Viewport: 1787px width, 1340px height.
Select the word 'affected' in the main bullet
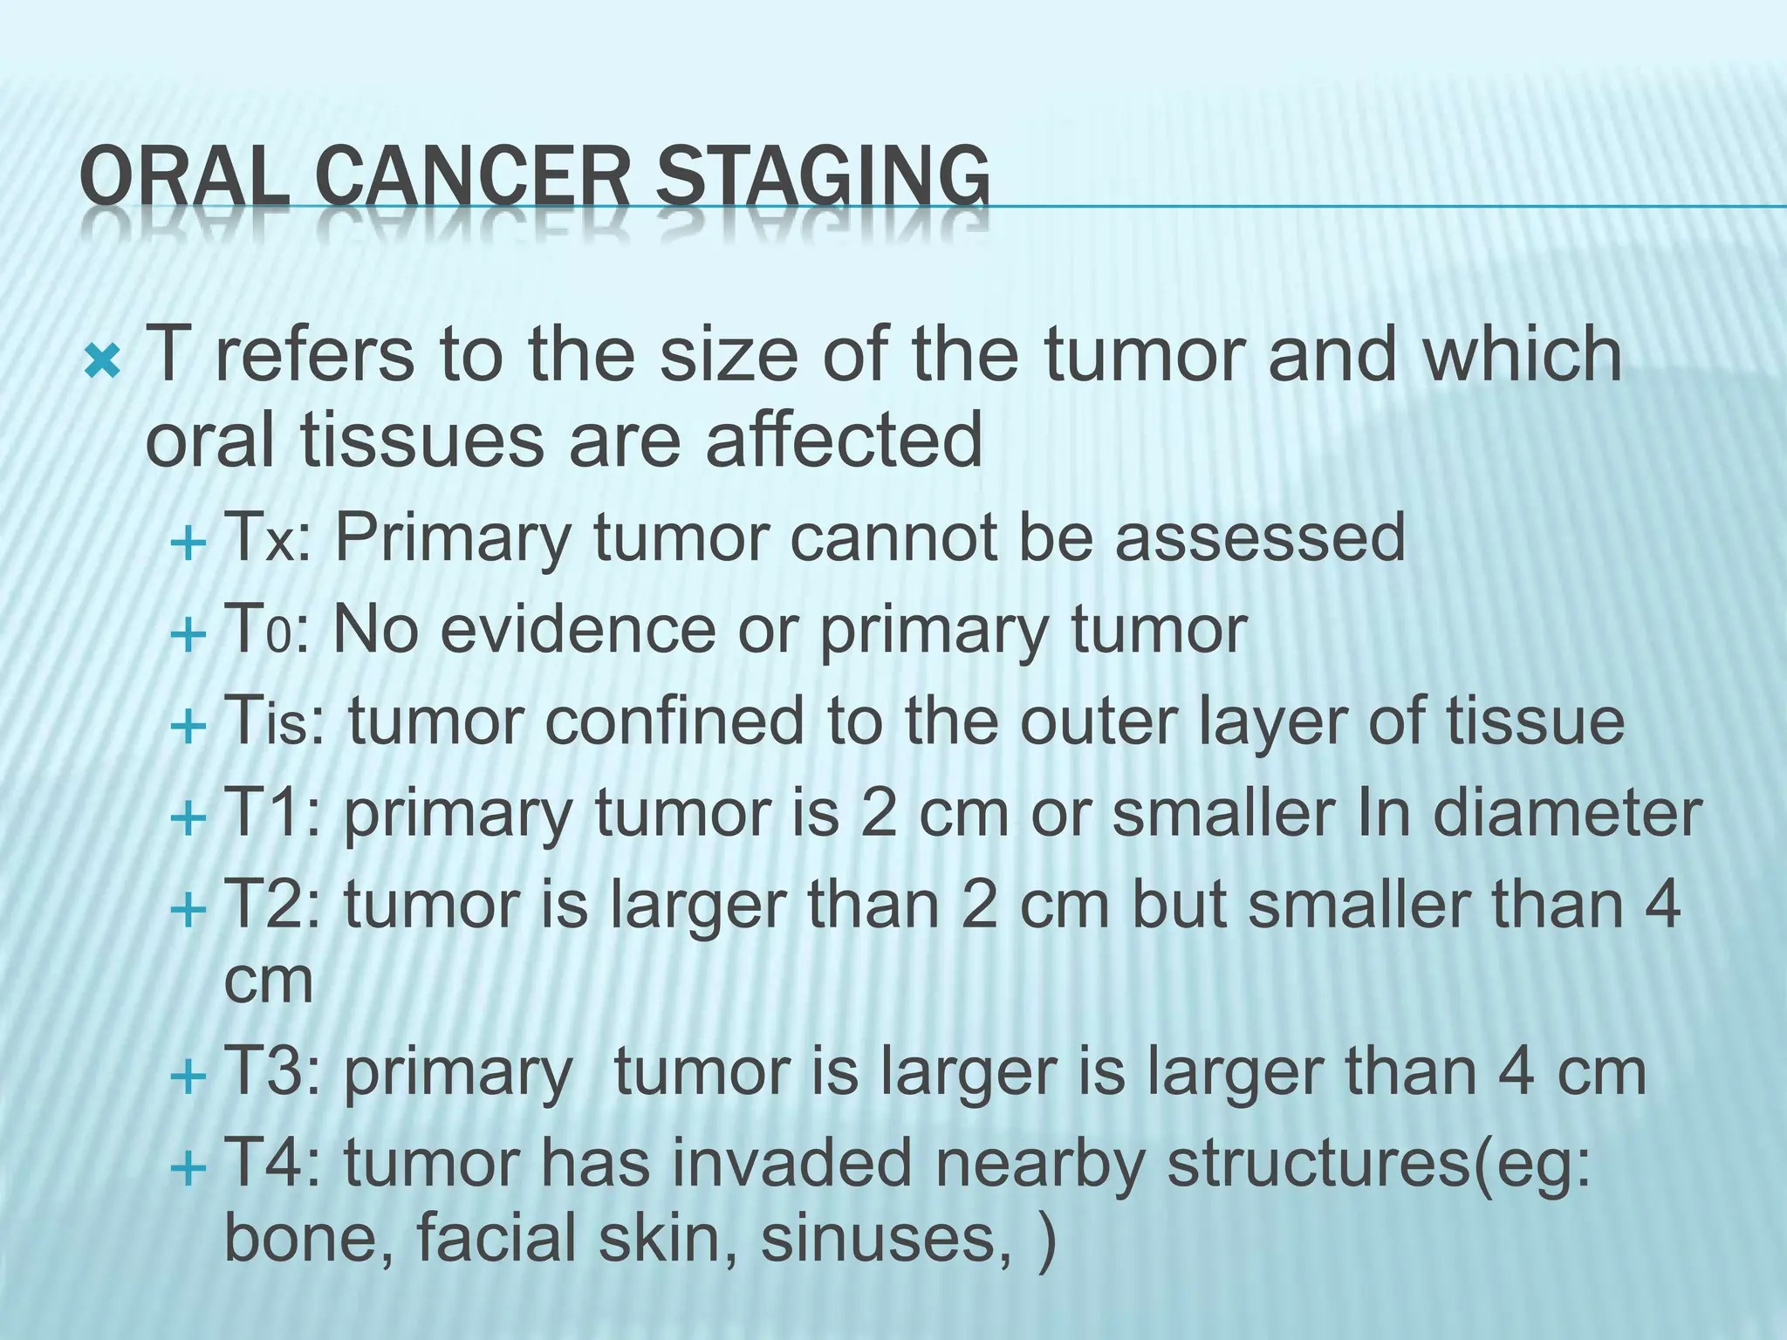click(844, 440)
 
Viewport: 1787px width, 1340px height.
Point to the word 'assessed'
click(1260, 538)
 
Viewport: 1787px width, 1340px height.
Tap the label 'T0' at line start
click(257, 630)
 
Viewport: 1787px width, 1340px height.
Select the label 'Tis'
click(265, 722)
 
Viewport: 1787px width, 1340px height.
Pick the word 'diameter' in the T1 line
click(1567, 814)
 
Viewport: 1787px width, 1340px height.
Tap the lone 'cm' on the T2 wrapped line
click(268, 981)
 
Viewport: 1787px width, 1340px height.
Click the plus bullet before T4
click(188, 1166)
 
